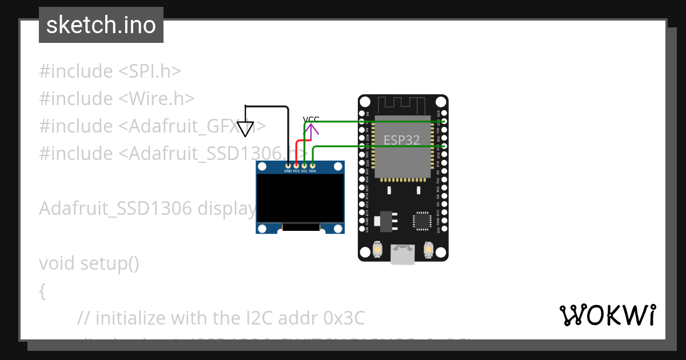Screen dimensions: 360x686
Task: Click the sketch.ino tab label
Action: (101, 25)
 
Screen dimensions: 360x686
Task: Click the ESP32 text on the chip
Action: (401, 140)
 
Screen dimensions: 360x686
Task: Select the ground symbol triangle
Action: (245, 130)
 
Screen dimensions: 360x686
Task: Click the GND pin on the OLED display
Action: (288, 165)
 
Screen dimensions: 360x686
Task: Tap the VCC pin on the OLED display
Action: (296, 165)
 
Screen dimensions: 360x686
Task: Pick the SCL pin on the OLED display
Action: (304, 165)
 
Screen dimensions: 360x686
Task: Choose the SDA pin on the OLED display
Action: (312, 165)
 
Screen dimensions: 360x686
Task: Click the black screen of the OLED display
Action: (300, 198)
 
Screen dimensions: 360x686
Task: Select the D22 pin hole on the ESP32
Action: (444, 122)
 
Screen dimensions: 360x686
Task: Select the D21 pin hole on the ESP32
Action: (444, 146)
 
